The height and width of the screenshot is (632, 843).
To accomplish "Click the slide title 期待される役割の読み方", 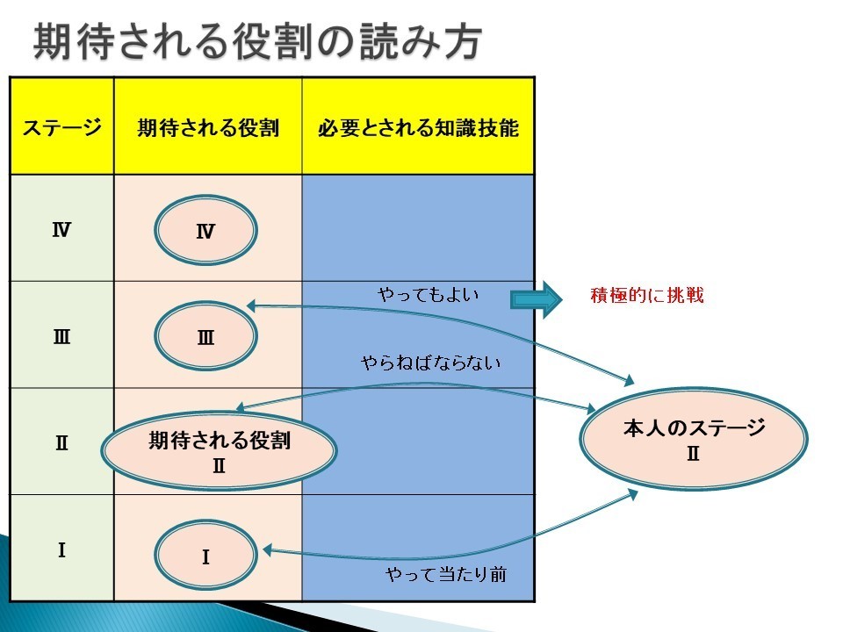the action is tap(257, 41).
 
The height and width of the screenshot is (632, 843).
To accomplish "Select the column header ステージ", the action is tap(61, 128).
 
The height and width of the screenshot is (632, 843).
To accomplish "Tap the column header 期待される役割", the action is tap(208, 128).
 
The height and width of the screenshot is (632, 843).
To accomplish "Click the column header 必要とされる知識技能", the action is tap(418, 128).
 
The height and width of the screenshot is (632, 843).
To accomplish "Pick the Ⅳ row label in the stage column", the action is tap(61, 230).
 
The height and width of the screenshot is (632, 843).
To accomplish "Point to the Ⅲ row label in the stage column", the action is tap(61, 337).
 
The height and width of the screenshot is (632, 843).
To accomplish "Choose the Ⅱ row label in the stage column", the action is tap(61, 443).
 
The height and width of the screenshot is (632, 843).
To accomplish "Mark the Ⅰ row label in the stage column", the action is tap(61, 550).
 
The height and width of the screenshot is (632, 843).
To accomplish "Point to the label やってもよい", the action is tap(428, 295).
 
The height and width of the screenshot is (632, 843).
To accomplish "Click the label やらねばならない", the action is tap(430, 363).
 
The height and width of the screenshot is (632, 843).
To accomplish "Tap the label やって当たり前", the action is tap(446, 574).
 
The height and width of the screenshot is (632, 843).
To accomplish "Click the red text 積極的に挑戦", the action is tap(647, 295).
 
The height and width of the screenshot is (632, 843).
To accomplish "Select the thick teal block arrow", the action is tap(536, 299).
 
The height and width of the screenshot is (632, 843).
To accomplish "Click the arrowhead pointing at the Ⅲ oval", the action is tap(252, 306).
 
